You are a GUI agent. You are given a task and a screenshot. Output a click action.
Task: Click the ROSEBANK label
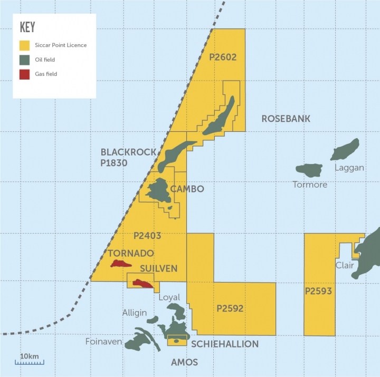286,119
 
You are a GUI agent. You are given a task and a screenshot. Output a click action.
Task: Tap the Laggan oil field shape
346,149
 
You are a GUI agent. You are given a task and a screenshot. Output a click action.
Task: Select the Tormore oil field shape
309,170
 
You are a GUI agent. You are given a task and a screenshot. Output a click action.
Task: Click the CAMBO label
187,189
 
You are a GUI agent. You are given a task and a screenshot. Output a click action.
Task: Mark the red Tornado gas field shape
121,263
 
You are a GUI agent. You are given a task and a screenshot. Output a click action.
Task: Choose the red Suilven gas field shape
142,283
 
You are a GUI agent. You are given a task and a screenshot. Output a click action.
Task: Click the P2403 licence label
147,236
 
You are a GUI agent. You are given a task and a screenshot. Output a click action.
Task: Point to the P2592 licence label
230,308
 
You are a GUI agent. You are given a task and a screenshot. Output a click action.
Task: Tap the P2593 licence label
318,291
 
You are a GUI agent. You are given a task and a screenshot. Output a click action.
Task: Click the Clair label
345,265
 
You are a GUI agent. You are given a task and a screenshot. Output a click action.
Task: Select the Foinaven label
103,342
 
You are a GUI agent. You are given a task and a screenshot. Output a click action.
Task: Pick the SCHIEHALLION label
225,344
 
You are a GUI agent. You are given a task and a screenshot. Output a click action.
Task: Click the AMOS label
185,362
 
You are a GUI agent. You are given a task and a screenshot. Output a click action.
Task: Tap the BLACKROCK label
128,152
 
